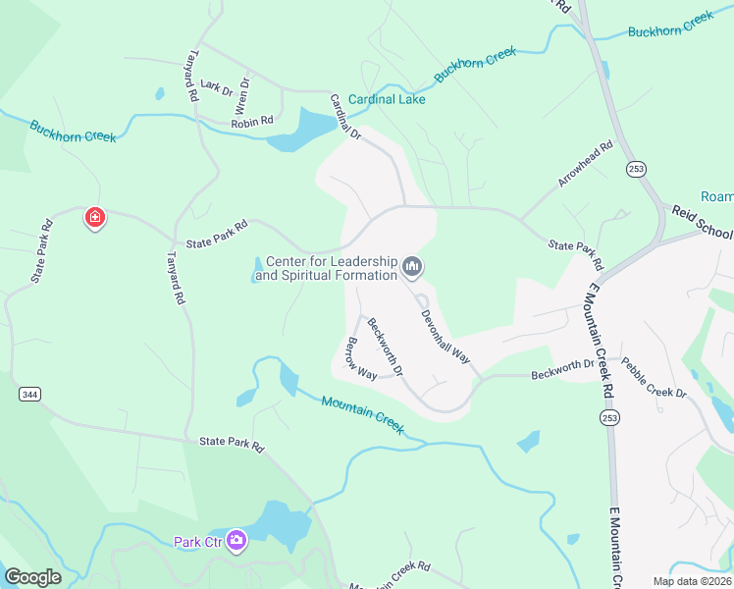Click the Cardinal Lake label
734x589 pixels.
coord(386,100)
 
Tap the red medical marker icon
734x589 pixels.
coord(95,217)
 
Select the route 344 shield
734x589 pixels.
coord(29,394)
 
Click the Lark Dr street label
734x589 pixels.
coord(215,87)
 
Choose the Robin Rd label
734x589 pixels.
coord(252,123)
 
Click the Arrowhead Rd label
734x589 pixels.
coord(586,164)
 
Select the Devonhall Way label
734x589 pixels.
coord(446,339)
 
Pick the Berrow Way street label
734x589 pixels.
coord(362,359)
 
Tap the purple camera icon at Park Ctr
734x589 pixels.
coord(236,541)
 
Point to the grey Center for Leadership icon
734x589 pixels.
coord(412,266)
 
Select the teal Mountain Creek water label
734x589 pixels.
coord(363,409)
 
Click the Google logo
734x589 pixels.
coord(32,577)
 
